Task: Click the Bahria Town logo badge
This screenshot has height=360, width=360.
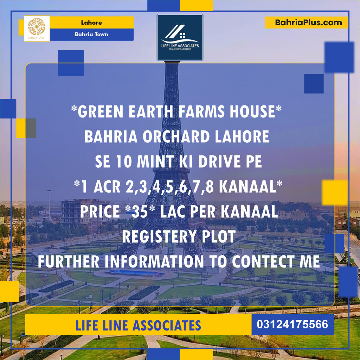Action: coord(37,28)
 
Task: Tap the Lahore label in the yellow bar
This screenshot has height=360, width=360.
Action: coord(91,22)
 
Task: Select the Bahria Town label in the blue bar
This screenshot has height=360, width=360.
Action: coord(91,34)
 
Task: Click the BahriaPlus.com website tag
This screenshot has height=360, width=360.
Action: coord(307,22)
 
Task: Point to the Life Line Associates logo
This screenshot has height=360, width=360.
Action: coord(180,37)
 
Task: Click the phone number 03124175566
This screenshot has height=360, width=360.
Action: coord(293,324)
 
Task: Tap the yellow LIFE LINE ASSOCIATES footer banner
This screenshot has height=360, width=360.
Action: coord(138,325)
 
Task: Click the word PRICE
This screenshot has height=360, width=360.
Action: coord(98,212)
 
